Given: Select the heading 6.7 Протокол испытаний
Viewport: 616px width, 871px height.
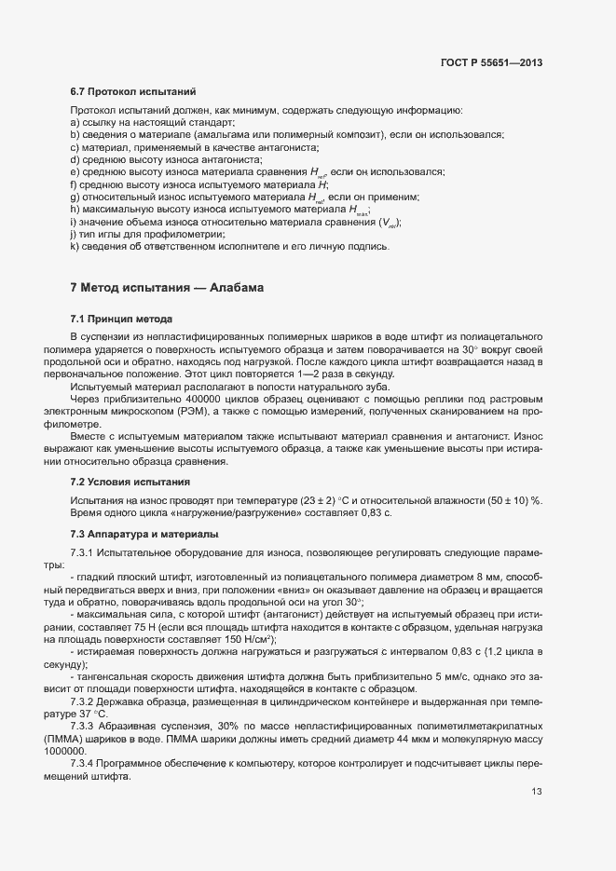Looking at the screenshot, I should coord(132,91).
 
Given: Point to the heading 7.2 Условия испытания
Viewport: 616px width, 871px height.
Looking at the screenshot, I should coord(130,482).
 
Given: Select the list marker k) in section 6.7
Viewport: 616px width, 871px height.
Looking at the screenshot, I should coord(75,247).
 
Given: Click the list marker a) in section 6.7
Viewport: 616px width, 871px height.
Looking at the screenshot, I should coord(75,123).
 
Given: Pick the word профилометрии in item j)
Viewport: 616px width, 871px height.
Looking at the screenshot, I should coord(177,235).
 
